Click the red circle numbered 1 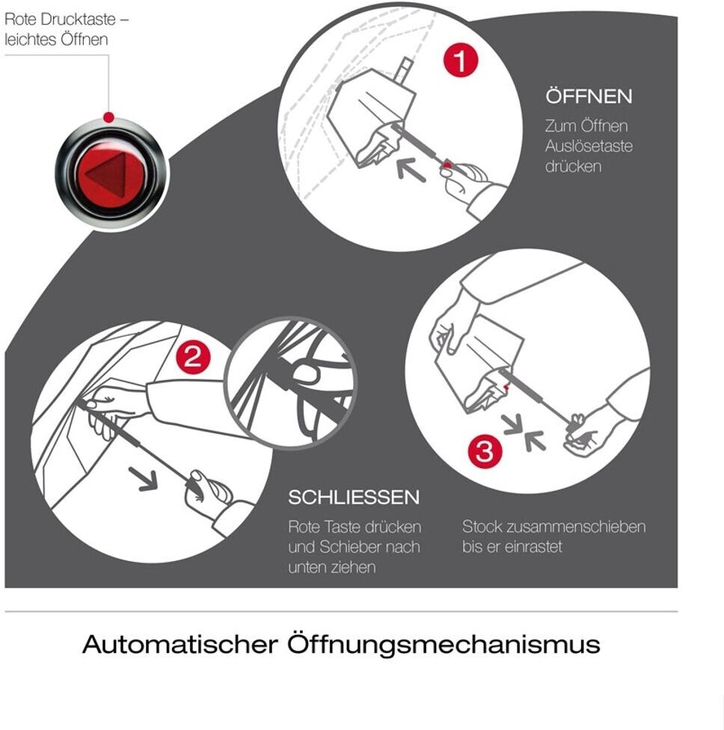[x=461, y=60]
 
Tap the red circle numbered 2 [x=192, y=357]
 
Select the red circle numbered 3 [x=485, y=450]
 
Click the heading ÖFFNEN [x=589, y=96]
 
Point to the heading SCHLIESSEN [x=354, y=497]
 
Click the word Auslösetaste [x=589, y=146]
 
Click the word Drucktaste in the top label [x=79, y=19]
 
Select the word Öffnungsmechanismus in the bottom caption [x=444, y=644]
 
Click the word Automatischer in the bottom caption [x=180, y=644]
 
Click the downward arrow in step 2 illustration [x=144, y=479]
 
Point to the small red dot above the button [x=108, y=117]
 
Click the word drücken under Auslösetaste [x=573, y=166]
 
